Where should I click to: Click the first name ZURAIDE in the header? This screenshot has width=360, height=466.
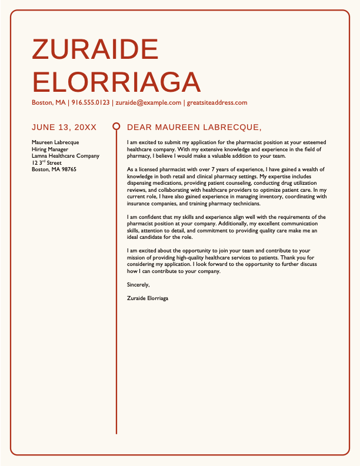95,49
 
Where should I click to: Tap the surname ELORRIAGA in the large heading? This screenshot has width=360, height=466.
116,82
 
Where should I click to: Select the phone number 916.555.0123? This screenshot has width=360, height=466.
91,102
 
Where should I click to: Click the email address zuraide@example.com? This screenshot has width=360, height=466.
148,102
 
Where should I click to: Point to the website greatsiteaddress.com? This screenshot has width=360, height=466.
217,102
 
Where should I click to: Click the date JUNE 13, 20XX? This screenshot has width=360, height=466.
64,127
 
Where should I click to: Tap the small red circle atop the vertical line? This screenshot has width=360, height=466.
116,127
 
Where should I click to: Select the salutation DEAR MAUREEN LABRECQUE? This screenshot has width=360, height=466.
194,127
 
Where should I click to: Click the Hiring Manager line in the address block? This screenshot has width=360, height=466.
50,149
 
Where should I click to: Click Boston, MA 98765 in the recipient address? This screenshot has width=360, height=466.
54,169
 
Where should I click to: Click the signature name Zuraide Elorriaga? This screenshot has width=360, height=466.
148,298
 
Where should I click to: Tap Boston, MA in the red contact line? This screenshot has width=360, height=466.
49,102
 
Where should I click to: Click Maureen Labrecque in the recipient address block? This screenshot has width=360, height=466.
55,142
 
